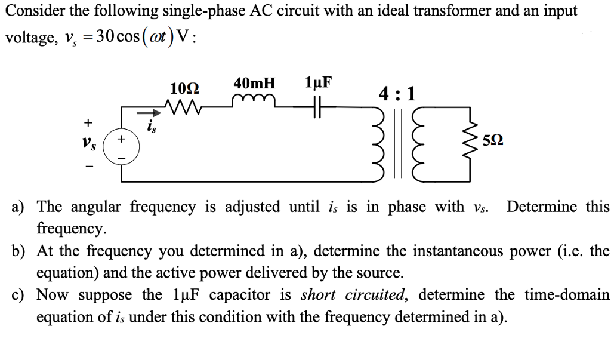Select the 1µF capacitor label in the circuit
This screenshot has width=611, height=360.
pos(317,82)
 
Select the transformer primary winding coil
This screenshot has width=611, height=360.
pos(379,143)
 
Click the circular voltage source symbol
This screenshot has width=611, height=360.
pos(122,147)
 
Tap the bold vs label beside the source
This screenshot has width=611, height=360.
pos(88,144)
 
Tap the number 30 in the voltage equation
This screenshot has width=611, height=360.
pos(107,36)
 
